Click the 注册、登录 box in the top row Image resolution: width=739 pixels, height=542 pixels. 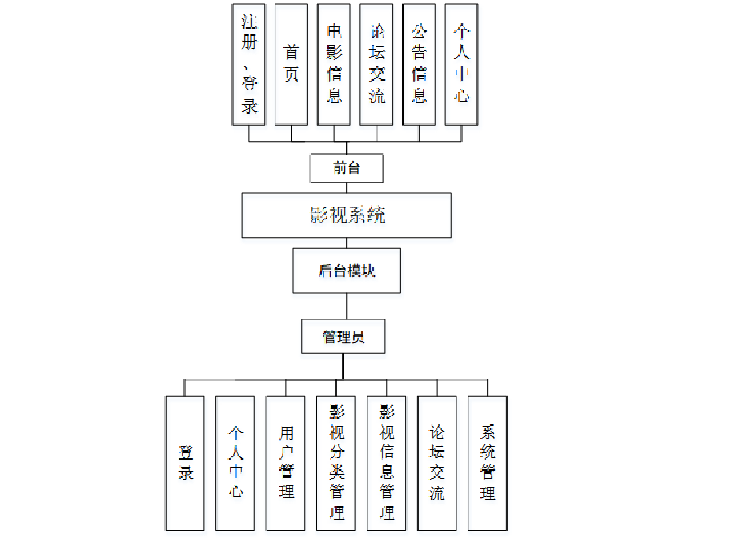pyautogui.click(x=249, y=63)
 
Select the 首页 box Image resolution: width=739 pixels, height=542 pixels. pyautogui.click(x=291, y=63)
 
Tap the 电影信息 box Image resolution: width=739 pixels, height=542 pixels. pyautogui.click(x=334, y=63)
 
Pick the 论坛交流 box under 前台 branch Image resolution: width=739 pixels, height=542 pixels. pyautogui.click(x=376, y=63)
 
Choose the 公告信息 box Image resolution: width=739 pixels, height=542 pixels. pyautogui.click(x=419, y=63)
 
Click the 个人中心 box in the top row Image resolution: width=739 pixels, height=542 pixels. pyautogui.click(x=461, y=63)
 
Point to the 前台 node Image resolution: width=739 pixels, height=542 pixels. pyautogui.click(x=347, y=168)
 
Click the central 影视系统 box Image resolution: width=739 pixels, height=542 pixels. pyautogui.click(x=347, y=215)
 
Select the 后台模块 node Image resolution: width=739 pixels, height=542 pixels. pyautogui.click(x=347, y=271)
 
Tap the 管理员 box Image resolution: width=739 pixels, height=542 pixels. pyautogui.click(x=343, y=336)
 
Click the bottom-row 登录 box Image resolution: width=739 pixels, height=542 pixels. pyautogui.click(x=185, y=463)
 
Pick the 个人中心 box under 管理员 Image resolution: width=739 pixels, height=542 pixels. pyautogui.click(x=235, y=463)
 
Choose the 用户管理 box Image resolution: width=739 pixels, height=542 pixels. pyautogui.click(x=286, y=463)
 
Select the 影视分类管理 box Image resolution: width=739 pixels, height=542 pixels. pyautogui.click(x=336, y=463)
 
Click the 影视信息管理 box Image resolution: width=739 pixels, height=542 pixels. pyautogui.click(x=387, y=463)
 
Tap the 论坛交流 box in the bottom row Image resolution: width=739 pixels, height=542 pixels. pyautogui.click(x=437, y=463)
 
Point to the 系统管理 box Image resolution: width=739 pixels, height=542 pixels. pyautogui.click(x=488, y=463)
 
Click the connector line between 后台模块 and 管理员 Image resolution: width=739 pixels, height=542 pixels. pyautogui.click(x=347, y=306)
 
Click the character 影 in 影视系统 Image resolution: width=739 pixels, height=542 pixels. pyautogui.click(x=319, y=215)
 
